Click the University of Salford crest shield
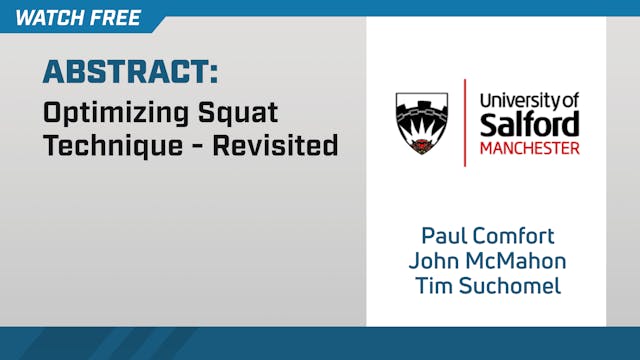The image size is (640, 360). pos(421,123)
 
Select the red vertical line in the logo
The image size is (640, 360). pos(465,123)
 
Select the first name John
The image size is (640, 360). pos(431,262)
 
